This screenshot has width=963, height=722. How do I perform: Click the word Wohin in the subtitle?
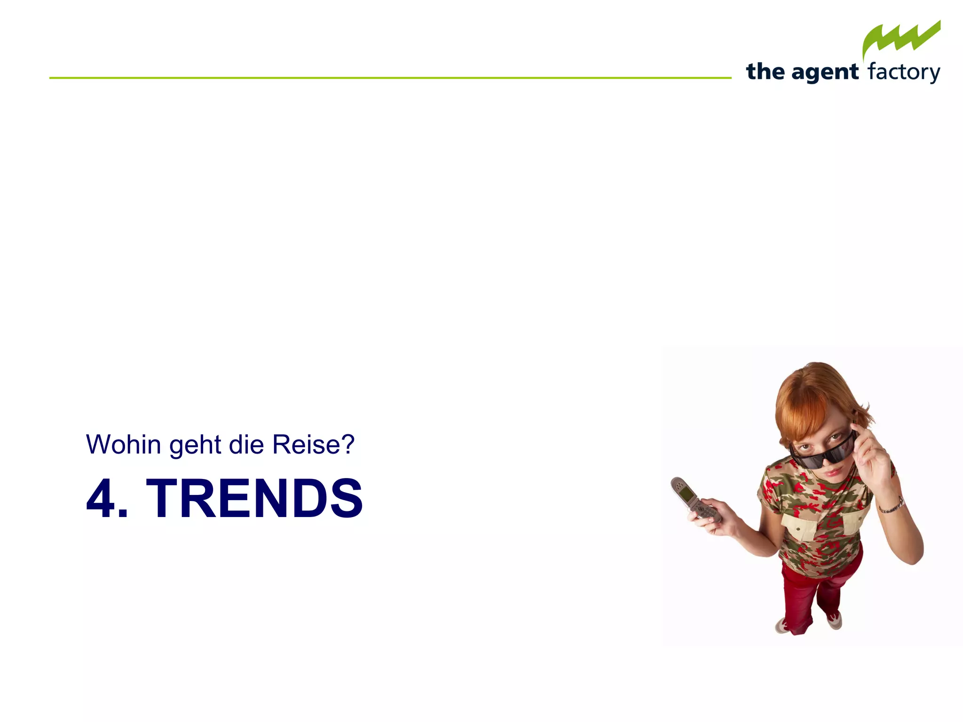pos(123,445)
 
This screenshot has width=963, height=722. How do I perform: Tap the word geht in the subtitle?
pos(195,446)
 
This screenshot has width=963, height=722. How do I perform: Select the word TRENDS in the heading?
pos(254,498)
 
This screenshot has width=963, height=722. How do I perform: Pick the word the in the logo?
pos(765,72)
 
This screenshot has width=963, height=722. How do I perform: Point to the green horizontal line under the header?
pos(390,78)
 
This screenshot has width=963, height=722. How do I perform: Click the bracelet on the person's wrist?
pos(892,506)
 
